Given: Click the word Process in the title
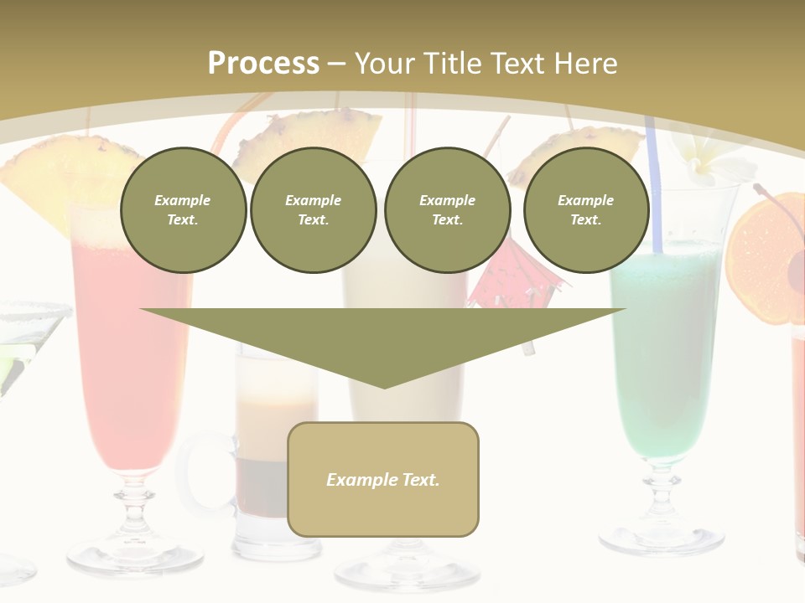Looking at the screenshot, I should tap(263, 63).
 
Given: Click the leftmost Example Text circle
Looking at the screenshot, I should tap(183, 210).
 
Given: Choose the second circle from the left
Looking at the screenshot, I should tap(313, 210).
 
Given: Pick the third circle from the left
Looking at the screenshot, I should tap(447, 210).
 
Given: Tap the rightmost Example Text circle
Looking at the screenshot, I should tap(585, 210).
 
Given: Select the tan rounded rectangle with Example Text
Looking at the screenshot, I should tap(383, 479).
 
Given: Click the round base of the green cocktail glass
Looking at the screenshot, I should tap(662, 537).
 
